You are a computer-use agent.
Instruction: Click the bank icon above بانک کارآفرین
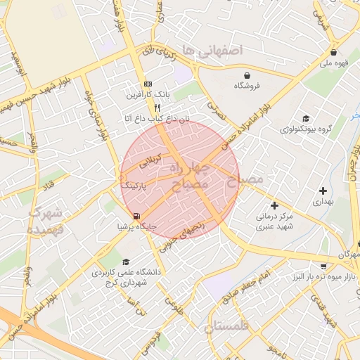pyautogui.click(x=147, y=83)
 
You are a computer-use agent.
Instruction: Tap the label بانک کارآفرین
pyautogui.click(x=147, y=94)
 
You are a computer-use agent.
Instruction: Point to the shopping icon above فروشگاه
pyautogui.click(x=247, y=75)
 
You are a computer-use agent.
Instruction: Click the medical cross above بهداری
pyautogui.click(x=323, y=191)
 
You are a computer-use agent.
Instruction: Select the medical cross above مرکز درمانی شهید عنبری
pyautogui.click(x=274, y=205)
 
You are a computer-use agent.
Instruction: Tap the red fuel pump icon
pyautogui.click(x=136, y=216)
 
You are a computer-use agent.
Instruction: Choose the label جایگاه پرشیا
pyautogui.click(x=136, y=227)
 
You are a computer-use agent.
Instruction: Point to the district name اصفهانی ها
pyautogui.click(x=211, y=50)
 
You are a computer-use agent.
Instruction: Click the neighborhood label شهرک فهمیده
pyautogui.click(x=47, y=220)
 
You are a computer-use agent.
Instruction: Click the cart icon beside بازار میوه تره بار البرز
pyautogui.click(x=323, y=266)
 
